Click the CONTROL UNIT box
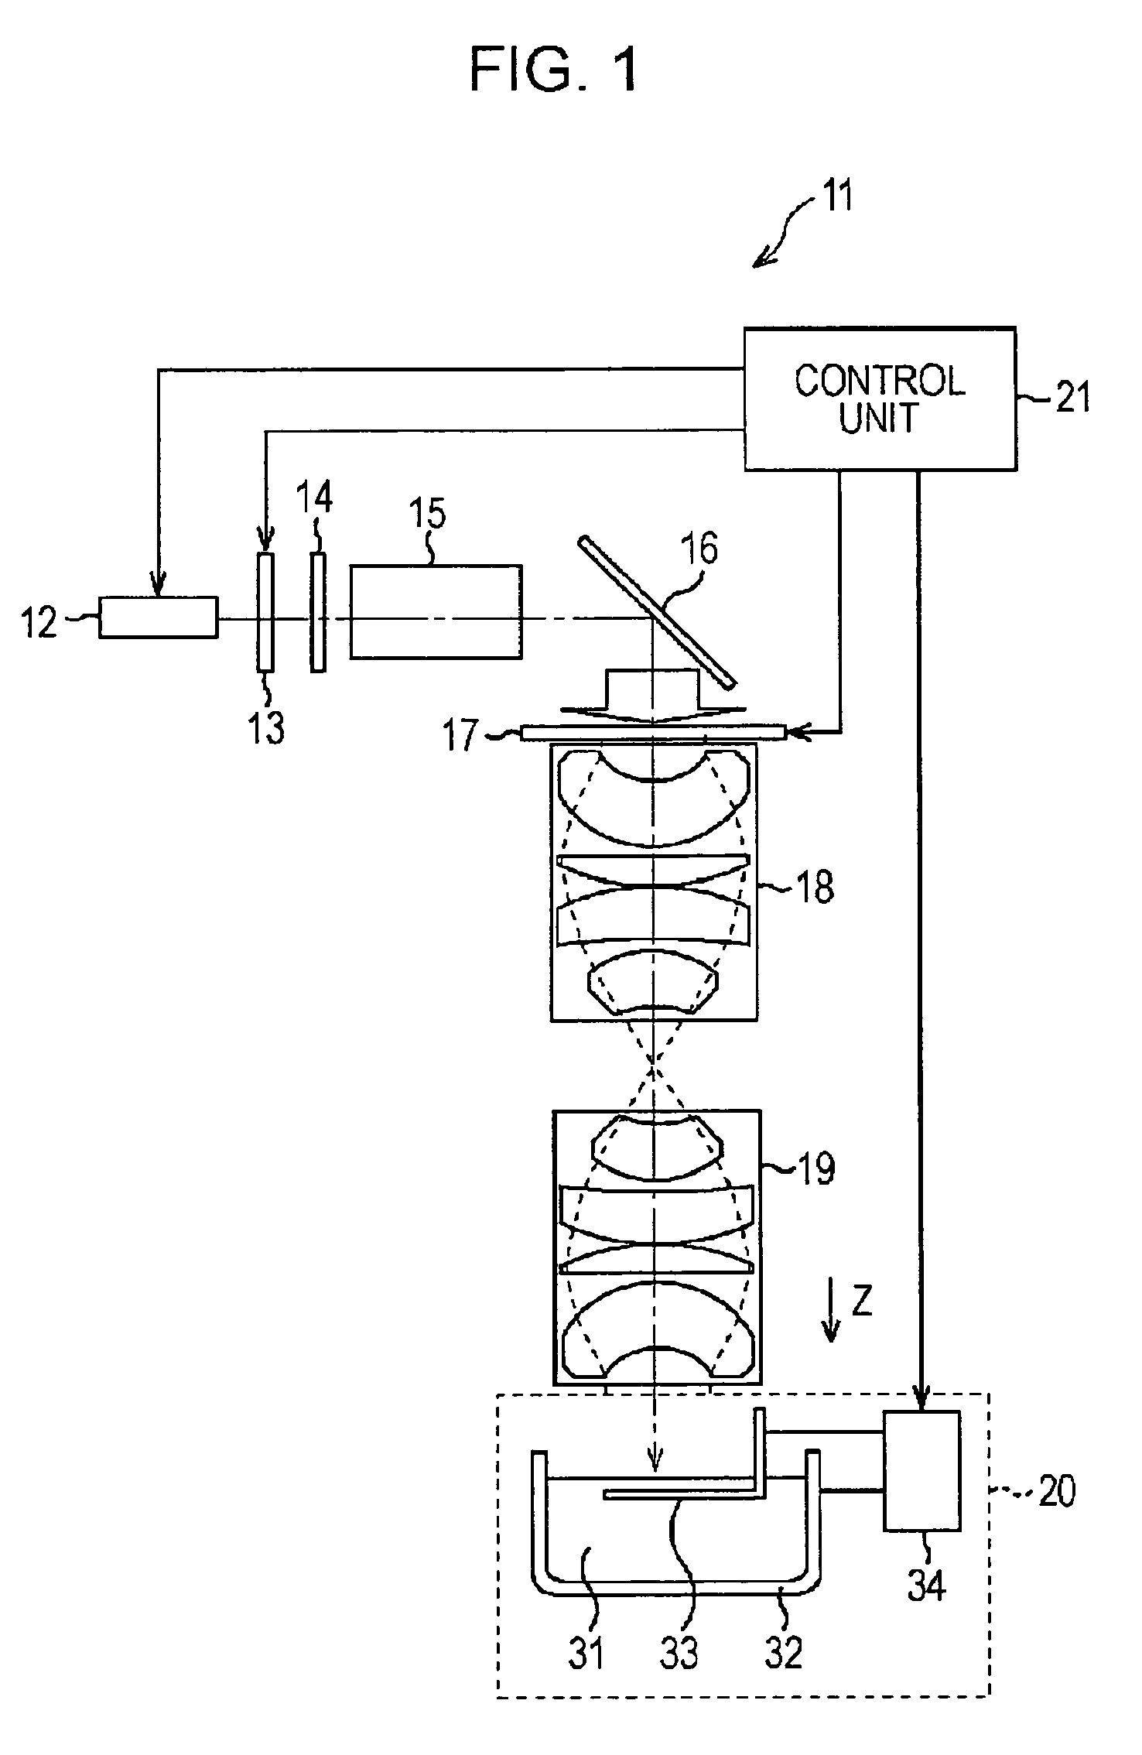880,399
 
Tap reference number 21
1072,399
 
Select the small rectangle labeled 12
159,617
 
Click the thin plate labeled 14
317,611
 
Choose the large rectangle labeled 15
436,611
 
